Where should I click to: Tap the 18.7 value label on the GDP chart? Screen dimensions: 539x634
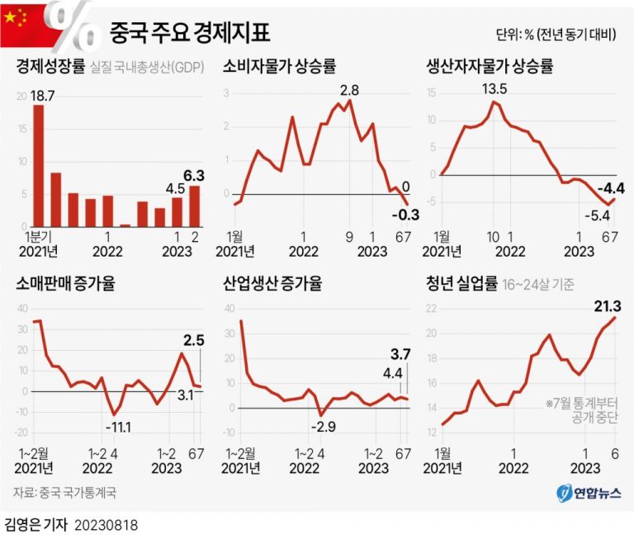42,97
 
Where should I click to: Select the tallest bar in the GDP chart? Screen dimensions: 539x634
38,165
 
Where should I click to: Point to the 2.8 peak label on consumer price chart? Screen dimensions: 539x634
349,89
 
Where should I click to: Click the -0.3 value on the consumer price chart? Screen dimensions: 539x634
407,215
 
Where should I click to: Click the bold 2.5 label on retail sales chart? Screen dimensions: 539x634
194,339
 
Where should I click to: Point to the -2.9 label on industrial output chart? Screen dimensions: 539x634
324,426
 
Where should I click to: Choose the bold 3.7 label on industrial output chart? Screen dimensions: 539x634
401,355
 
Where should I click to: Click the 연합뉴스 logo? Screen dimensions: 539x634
581,492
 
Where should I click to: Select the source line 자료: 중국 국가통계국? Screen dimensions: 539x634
64,493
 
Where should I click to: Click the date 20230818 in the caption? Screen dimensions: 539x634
106,524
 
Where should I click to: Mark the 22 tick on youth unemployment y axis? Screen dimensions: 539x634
431,309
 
